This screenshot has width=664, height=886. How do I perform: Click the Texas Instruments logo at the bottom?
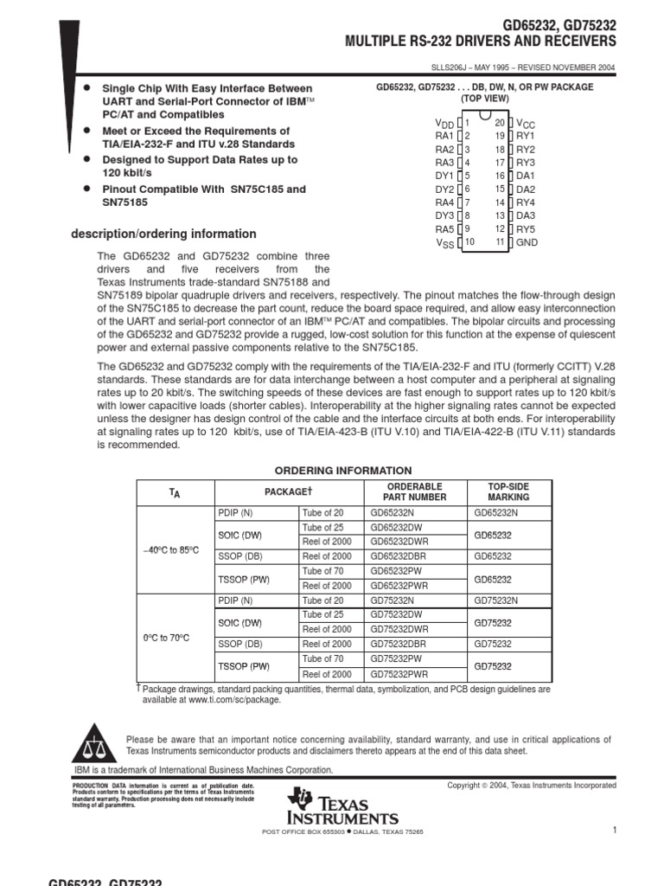[x=343, y=806]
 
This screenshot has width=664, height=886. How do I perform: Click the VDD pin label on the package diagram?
[x=443, y=124]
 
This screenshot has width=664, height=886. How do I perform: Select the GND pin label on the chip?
[x=527, y=243]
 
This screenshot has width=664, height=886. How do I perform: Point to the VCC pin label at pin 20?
[x=527, y=124]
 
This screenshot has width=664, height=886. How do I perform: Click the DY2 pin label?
[x=444, y=189]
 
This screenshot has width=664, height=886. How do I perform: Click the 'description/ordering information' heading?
[x=163, y=234]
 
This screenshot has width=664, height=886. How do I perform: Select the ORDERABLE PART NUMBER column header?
[x=415, y=491]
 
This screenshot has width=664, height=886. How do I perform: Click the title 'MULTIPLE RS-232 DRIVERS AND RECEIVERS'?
[x=481, y=42]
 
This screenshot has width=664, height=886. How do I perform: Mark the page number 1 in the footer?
[x=613, y=831]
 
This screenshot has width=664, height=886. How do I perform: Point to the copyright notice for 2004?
[x=531, y=785]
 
